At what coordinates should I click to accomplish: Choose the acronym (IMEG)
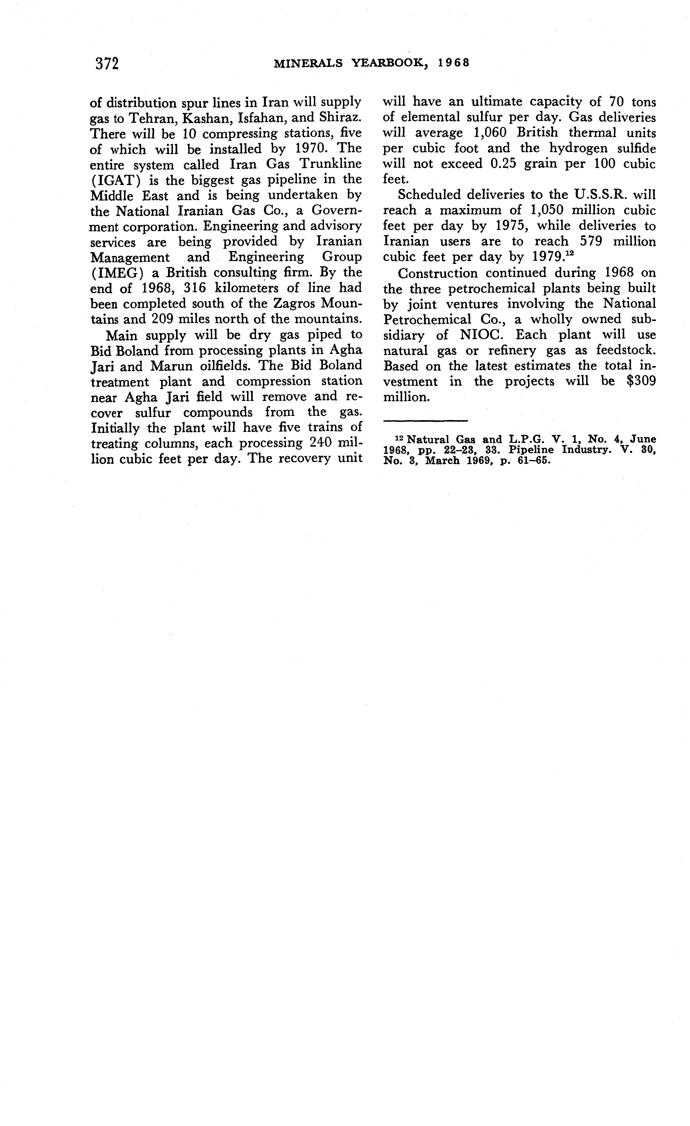117,273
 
